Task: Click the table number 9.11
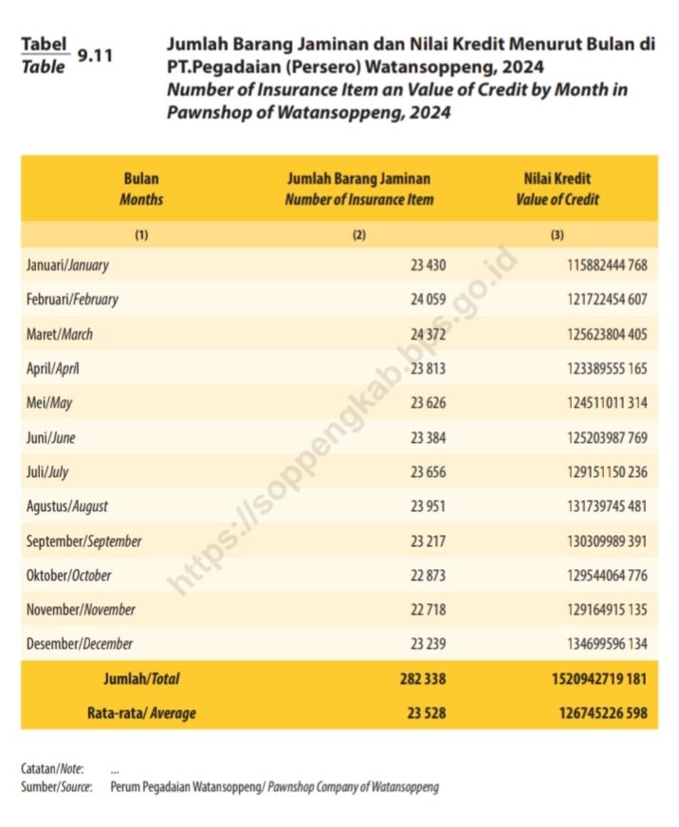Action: click(x=95, y=56)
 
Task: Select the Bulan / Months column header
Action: click(x=141, y=189)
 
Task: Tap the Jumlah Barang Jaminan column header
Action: click(x=358, y=189)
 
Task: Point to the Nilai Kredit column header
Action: click(x=558, y=189)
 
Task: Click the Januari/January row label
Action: click(x=67, y=265)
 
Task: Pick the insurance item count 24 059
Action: click(x=428, y=300)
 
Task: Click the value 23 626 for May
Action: click(x=428, y=403)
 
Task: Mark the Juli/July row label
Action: click(x=47, y=472)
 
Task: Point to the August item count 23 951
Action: click(x=428, y=506)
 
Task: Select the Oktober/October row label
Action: click(x=68, y=576)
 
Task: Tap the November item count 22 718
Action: click(x=428, y=610)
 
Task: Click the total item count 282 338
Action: click(x=423, y=679)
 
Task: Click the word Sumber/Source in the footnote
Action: click(x=56, y=787)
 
